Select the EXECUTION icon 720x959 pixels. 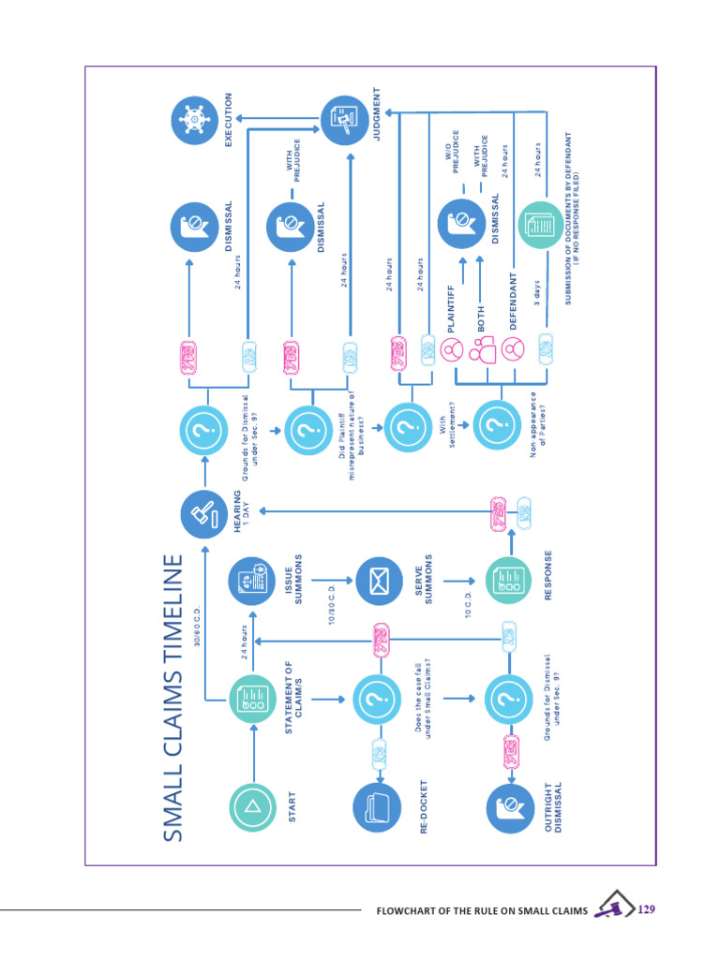pyautogui.click(x=196, y=120)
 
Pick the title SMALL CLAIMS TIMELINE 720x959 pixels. pyautogui.click(x=173, y=698)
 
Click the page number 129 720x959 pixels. pyautogui.click(x=646, y=909)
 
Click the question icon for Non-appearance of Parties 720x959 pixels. pyautogui.click(x=496, y=426)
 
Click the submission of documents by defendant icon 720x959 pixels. pyautogui.click(x=542, y=225)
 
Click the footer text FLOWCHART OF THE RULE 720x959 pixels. pyautogui.click(x=481, y=910)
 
